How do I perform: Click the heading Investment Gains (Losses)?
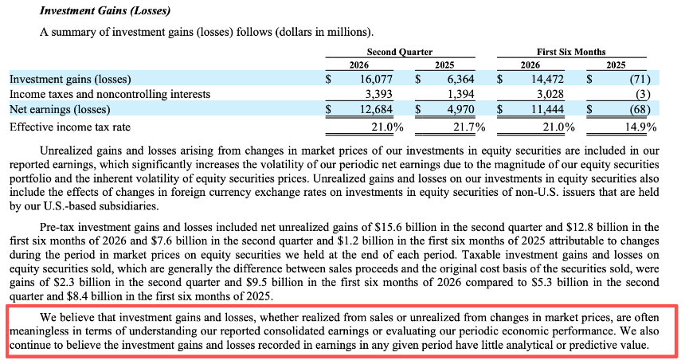(x=105, y=10)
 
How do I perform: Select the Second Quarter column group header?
(x=400, y=52)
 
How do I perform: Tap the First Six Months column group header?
(x=571, y=52)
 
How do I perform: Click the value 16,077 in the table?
(x=376, y=79)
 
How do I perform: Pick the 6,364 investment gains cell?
(x=460, y=79)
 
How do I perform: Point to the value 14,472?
(x=547, y=79)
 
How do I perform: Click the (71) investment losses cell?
(x=640, y=79)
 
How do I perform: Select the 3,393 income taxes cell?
(x=379, y=94)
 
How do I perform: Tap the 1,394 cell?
(x=460, y=94)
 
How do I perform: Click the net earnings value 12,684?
(x=376, y=109)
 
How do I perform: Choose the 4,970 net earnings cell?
(x=460, y=109)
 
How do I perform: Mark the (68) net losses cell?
(x=640, y=109)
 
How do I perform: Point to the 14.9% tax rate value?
(x=640, y=127)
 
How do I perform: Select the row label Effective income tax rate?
(x=70, y=127)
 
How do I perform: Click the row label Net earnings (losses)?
(x=60, y=109)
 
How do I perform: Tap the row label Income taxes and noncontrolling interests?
(x=110, y=94)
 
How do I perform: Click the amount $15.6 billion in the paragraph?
(x=400, y=227)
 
